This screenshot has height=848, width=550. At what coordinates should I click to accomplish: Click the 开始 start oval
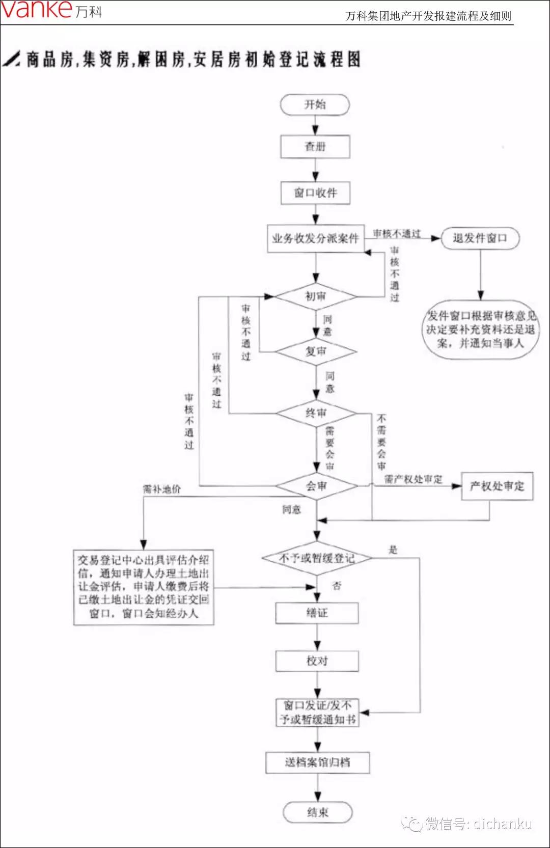(x=315, y=104)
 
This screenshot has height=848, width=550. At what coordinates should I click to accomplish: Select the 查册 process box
(x=315, y=147)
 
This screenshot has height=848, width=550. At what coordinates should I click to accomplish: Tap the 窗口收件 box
(x=315, y=193)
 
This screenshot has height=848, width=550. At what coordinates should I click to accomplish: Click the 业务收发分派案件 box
(x=315, y=238)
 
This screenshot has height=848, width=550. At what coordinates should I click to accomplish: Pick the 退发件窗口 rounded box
(x=480, y=238)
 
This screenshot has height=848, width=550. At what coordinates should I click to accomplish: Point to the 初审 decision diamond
(x=316, y=296)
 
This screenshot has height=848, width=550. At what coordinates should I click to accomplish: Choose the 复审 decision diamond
(x=316, y=351)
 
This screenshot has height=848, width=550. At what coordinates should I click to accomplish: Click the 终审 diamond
(x=316, y=413)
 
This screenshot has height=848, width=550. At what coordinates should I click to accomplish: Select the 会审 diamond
(x=316, y=486)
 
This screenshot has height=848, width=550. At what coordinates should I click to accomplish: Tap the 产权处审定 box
(x=497, y=486)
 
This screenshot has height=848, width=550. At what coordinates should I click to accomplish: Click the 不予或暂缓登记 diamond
(x=317, y=558)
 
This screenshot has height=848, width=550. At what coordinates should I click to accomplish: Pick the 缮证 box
(x=317, y=613)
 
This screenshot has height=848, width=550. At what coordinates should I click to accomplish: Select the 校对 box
(x=317, y=661)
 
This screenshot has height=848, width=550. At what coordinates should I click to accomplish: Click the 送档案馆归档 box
(x=317, y=762)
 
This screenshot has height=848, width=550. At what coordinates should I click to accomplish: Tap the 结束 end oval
(x=317, y=812)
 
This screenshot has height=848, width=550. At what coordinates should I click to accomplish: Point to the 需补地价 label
(x=162, y=489)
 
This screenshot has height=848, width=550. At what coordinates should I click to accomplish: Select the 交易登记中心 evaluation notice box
(x=144, y=587)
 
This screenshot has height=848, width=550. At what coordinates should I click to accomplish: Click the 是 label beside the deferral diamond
(x=393, y=550)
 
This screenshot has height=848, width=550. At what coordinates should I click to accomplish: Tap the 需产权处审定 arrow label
(x=413, y=479)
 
